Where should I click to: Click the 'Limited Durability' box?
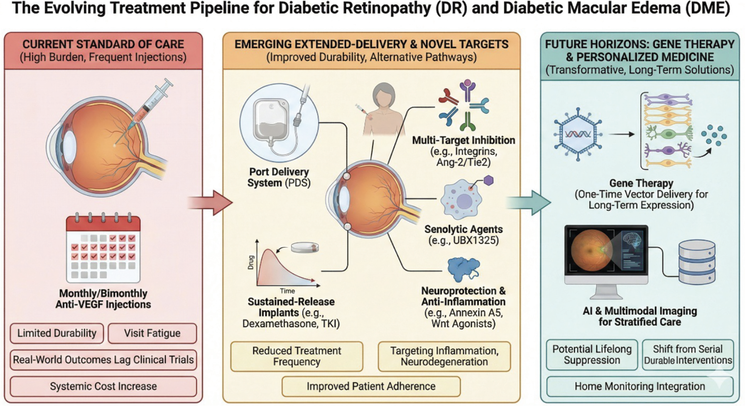point(57,333)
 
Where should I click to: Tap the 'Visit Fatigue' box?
point(152,333)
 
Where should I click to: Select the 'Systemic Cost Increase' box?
point(103,386)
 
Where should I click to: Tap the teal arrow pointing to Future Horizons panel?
point(529,203)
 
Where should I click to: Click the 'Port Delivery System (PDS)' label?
point(279,177)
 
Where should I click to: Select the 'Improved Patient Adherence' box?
point(371,386)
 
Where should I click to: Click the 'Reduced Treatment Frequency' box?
point(297,356)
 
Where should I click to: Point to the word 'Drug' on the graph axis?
point(251,262)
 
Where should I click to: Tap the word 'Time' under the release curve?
point(287,291)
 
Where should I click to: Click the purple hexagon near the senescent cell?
point(489,181)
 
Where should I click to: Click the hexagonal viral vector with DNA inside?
point(578,134)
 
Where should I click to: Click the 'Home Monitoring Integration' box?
point(640,386)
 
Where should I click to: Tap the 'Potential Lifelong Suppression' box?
point(592,355)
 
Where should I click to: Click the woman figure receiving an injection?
point(383,110)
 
